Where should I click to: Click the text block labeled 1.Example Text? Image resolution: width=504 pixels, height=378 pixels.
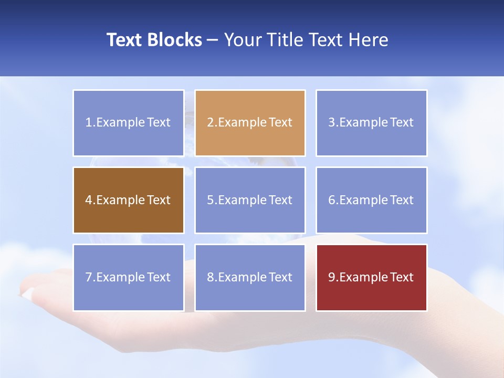click(128, 123)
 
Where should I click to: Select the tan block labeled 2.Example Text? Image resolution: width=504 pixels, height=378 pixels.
click(250, 123)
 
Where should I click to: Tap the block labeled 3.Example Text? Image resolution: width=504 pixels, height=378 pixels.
click(371, 123)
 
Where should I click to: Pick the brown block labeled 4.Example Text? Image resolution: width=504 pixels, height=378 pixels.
click(128, 200)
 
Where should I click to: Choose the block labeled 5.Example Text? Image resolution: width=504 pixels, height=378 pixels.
click(250, 200)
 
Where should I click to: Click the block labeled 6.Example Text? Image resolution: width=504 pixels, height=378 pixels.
click(371, 200)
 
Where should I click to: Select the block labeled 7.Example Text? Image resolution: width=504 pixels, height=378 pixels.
click(128, 277)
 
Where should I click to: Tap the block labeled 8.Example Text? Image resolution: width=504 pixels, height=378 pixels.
click(250, 277)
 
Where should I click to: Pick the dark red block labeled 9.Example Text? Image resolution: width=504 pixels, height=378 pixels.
click(371, 277)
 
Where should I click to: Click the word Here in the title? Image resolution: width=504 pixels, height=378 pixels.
click(370, 40)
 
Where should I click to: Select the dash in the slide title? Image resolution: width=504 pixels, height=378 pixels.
click(213, 40)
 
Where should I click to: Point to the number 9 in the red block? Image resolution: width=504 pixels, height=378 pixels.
click(332, 277)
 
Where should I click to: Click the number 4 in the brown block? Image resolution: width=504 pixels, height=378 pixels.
click(89, 200)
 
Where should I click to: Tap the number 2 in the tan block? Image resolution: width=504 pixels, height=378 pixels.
click(210, 123)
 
